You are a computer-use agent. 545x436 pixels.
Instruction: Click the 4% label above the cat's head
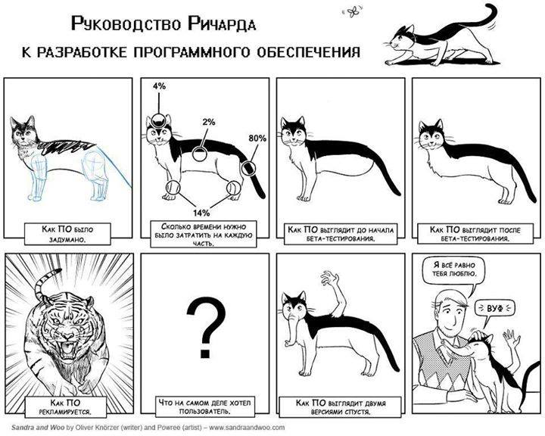coord(158,86)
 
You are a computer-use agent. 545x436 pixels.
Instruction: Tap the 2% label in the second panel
coord(208,121)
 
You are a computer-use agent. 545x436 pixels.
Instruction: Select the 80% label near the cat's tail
coord(257,139)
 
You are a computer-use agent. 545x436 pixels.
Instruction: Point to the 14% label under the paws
coord(201,213)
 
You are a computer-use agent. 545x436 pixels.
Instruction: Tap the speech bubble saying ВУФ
coord(496,308)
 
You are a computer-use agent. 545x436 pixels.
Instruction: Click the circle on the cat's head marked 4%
coord(158,119)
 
